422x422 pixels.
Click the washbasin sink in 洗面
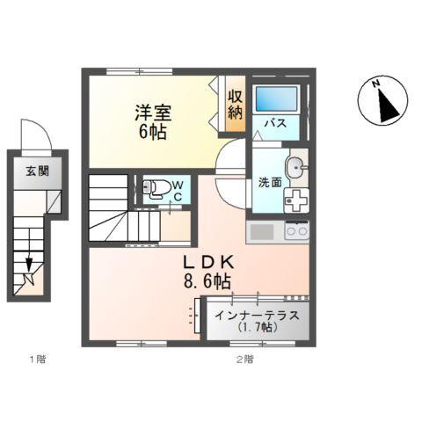click(x=297, y=164)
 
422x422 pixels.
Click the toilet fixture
click(x=156, y=187)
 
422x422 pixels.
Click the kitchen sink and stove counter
click(x=278, y=234)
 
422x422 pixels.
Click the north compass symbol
click(x=383, y=102)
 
